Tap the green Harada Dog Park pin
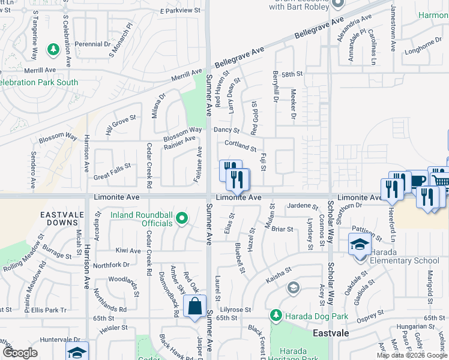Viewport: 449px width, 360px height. point(276,314)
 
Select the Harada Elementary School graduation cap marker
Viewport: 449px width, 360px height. point(359,245)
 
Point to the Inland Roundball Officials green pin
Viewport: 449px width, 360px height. point(182,218)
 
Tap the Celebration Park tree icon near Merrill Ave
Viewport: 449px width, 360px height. point(53,48)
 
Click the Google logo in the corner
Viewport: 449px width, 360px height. point(20,353)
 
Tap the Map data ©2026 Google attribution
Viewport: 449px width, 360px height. point(412,355)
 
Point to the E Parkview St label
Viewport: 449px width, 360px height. point(179,11)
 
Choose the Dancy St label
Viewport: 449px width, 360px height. point(226,130)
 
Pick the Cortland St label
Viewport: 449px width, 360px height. point(240,145)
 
